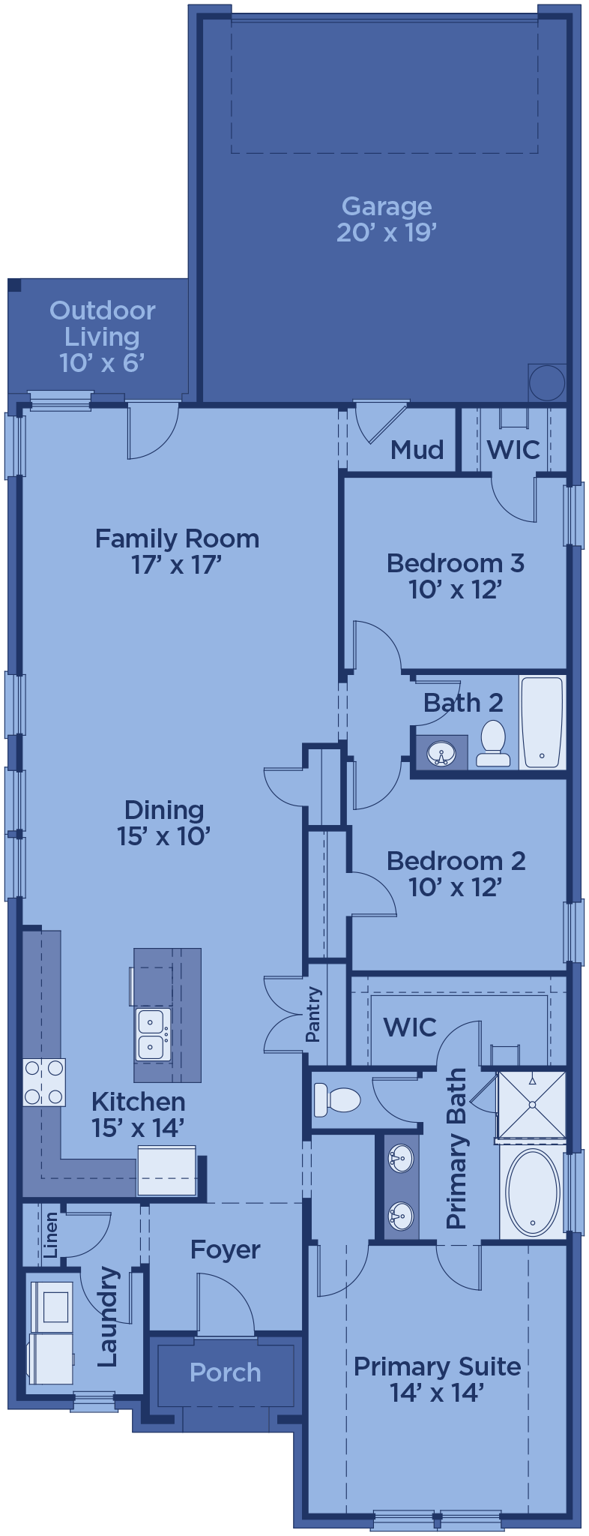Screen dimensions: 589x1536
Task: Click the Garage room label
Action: click(x=387, y=206)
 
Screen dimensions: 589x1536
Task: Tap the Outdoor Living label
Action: click(x=103, y=323)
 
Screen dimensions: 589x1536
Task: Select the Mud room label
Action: click(x=417, y=450)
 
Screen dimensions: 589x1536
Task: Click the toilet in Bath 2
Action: click(x=493, y=743)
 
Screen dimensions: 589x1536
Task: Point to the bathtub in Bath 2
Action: click(x=542, y=722)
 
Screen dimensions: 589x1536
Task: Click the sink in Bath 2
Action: click(x=441, y=753)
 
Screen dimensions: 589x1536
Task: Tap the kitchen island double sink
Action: click(x=153, y=1034)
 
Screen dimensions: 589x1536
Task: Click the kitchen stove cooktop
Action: click(x=44, y=1081)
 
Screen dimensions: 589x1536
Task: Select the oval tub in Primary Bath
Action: click(x=533, y=1192)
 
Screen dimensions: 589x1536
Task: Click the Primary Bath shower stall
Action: click(x=532, y=1105)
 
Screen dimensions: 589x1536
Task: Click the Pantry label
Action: click(x=313, y=1015)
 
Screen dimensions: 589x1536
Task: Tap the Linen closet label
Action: click(x=51, y=1235)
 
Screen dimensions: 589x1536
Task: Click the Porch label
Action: click(x=226, y=1372)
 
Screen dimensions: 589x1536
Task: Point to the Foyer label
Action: click(x=226, y=1249)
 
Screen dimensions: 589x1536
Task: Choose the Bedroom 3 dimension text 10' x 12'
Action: click(x=455, y=589)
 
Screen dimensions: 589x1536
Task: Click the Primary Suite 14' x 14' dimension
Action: click(x=437, y=1393)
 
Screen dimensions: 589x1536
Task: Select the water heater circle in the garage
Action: click(x=547, y=383)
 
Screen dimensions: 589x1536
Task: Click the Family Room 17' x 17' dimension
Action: click(x=178, y=565)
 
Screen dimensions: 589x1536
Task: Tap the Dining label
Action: click(x=164, y=810)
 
